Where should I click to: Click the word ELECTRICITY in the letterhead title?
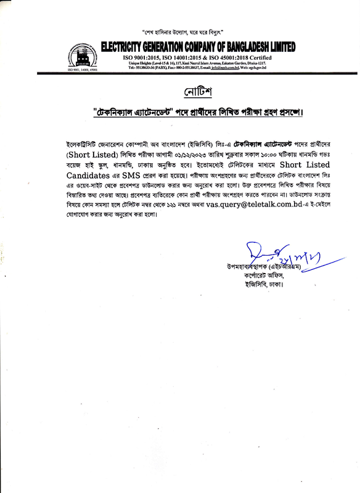131,47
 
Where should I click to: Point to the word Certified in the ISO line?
268,58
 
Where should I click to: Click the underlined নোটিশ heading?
198,93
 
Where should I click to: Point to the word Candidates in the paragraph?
92,175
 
